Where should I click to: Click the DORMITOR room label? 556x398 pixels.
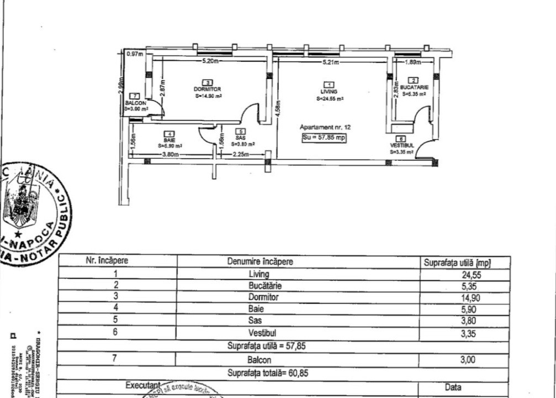tap(208, 89)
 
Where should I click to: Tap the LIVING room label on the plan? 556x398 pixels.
tap(329, 92)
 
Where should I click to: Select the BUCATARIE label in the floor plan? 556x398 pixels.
tap(414, 87)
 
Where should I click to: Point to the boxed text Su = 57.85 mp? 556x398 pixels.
tap(324, 138)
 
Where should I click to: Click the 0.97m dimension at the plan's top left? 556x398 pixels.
tap(134, 54)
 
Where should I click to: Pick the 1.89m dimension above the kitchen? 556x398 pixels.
tap(412, 62)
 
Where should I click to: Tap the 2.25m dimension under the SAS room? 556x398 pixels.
tap(241, 155)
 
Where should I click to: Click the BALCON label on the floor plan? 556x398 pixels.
tap(135, 103)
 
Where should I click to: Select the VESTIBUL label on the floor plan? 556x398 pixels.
tap(401, 145)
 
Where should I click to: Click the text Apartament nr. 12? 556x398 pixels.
tap(325, 127)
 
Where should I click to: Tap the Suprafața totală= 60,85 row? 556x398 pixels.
tap(268, 373)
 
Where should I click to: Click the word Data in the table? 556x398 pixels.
tap(453, 388)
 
